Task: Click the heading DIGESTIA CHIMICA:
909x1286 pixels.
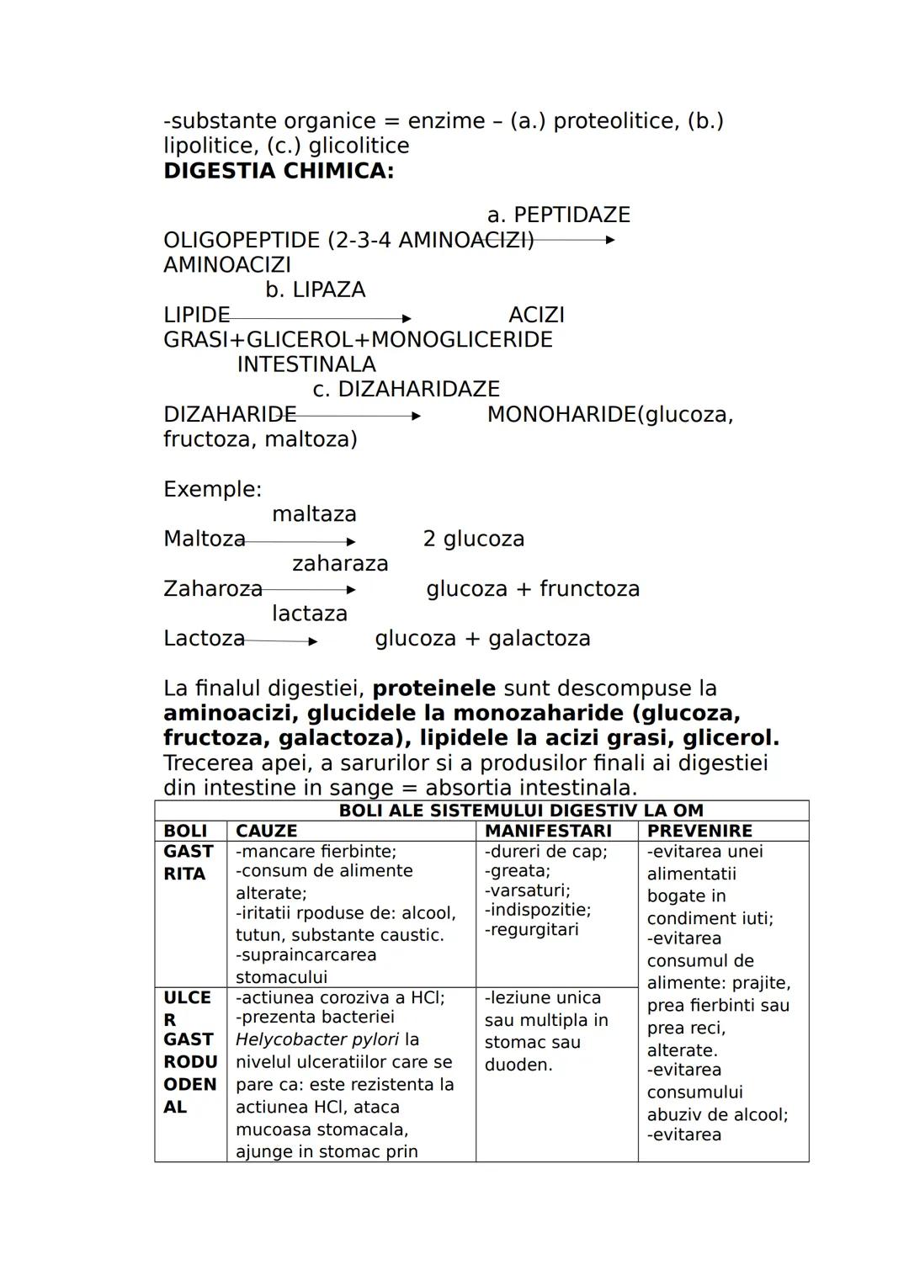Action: (x=279, y=171)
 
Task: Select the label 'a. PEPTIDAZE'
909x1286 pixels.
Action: (x=558, y=215)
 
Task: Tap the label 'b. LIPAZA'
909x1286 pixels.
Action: (x=316, y=290)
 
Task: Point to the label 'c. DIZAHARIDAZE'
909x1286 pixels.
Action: (x=406, y=389)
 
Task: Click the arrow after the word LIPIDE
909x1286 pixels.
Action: (x=320, y=318)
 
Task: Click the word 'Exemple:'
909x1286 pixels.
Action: (x=212, y=489)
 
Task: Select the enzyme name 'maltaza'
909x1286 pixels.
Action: (x=314, y=513)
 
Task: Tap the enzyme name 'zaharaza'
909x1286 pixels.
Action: (x=340, y=563)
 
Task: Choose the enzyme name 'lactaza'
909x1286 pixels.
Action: (x=309, y=613)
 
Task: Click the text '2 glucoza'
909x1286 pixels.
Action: (x=473, y=539)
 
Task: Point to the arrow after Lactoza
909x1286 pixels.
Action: (x=280, y=641)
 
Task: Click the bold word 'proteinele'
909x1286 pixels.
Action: (x=433, y=688)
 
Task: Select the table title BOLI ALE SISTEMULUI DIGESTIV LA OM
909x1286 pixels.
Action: (x=520, y=810)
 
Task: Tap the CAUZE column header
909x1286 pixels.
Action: (x=266, y=831)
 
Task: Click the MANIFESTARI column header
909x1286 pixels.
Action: (x=548, y=831)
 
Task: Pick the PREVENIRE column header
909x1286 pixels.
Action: (x=699, y=831)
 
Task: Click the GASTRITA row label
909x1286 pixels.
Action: (x=189, y=863)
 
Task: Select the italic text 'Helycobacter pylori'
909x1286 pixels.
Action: (x=317, y=1039)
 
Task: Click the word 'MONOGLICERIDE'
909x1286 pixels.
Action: (x=461, y=339)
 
